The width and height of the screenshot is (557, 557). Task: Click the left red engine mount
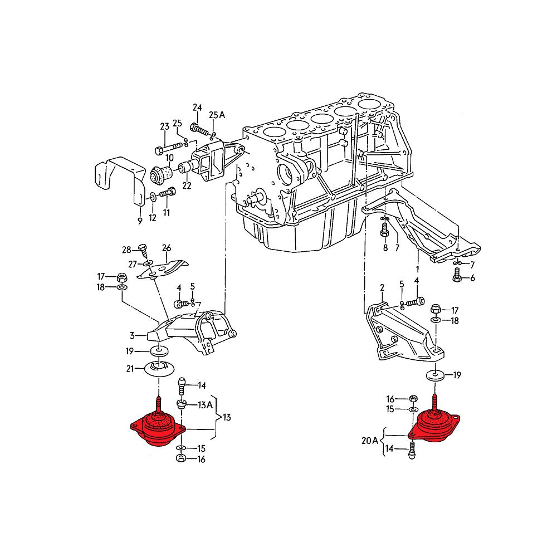click(x=158, y=428)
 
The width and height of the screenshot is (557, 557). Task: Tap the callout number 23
click(x=164, y=126)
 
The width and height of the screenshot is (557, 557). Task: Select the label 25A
click(x=217, y=115)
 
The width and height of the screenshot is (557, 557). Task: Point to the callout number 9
click(x=140, y=221)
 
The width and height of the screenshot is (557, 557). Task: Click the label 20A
click(x=369, y=439)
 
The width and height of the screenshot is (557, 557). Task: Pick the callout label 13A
click(x=205, y=405)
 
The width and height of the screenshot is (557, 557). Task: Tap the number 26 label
click(x=167, y=247)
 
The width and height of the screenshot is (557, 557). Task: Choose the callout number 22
click(x=186, y=186)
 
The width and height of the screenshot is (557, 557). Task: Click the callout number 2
click(x=382, y=287)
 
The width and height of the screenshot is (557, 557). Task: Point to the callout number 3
click(x=133, y=335)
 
